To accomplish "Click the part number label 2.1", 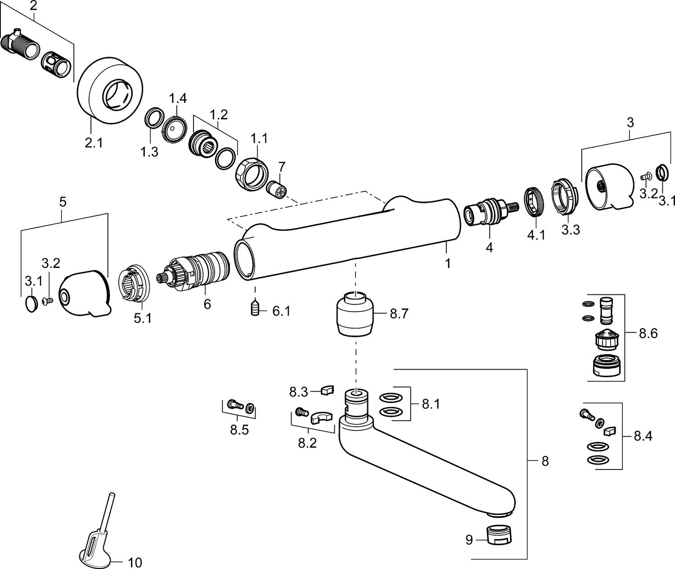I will (94, 143).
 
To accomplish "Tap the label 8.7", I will (399, 314).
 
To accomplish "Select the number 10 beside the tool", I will (135, 562).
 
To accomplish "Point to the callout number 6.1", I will (281, 311).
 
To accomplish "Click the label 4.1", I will (536, 235).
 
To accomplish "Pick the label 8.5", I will (239, 430).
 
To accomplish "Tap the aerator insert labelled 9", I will (501, 536).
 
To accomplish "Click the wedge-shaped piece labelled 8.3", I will (327, 389).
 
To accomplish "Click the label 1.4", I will (177, 98).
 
